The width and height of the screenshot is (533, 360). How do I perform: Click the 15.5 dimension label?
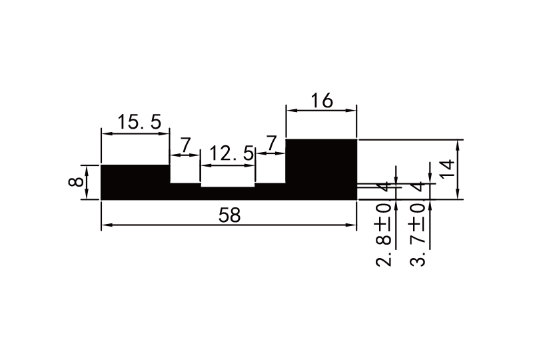coord(139,122)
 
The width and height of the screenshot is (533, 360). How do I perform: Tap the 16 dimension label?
coord(322,101)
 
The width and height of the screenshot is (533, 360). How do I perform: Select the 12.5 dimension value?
coord(232,153)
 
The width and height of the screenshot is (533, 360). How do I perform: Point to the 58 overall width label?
coord(230,215)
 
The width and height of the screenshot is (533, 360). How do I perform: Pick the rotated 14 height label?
coord(448,168)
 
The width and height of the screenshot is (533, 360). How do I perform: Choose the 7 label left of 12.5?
coord(185,145)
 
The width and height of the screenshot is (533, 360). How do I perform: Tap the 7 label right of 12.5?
coord(271,143)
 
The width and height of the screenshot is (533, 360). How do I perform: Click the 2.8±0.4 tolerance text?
coord(384,224)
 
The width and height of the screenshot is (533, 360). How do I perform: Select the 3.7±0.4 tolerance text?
coord(418,224)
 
